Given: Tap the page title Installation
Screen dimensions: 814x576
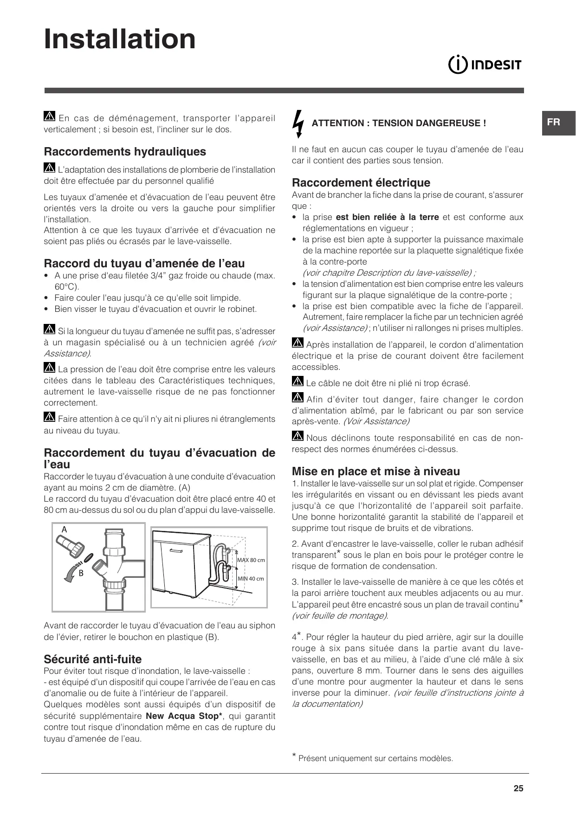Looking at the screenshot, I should (120, 39).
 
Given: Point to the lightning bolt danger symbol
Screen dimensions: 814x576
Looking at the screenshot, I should (299, 123).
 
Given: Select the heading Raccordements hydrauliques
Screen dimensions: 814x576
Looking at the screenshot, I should (125, 152).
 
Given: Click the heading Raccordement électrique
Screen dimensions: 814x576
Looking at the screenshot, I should (361, 182).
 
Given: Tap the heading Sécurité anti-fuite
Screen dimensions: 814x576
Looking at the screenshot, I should (92, 659).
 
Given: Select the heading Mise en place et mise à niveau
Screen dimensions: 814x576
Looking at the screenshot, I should (376, 471).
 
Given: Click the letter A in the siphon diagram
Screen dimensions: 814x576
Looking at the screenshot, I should (65, 530).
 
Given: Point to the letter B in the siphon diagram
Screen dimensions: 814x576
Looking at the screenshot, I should (81, 573).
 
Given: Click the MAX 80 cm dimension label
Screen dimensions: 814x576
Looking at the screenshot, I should (251, 560).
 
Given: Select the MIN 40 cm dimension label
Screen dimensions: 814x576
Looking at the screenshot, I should (251, 579).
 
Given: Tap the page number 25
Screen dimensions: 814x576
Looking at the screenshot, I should (518, 788).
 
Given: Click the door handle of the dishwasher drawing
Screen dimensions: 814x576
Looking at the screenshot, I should (176, 550).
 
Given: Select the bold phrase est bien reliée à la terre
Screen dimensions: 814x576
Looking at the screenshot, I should (387, 217).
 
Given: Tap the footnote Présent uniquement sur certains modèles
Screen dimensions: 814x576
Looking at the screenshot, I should (375, 758).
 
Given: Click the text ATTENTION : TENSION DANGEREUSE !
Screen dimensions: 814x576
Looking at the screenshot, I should (399, 123).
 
